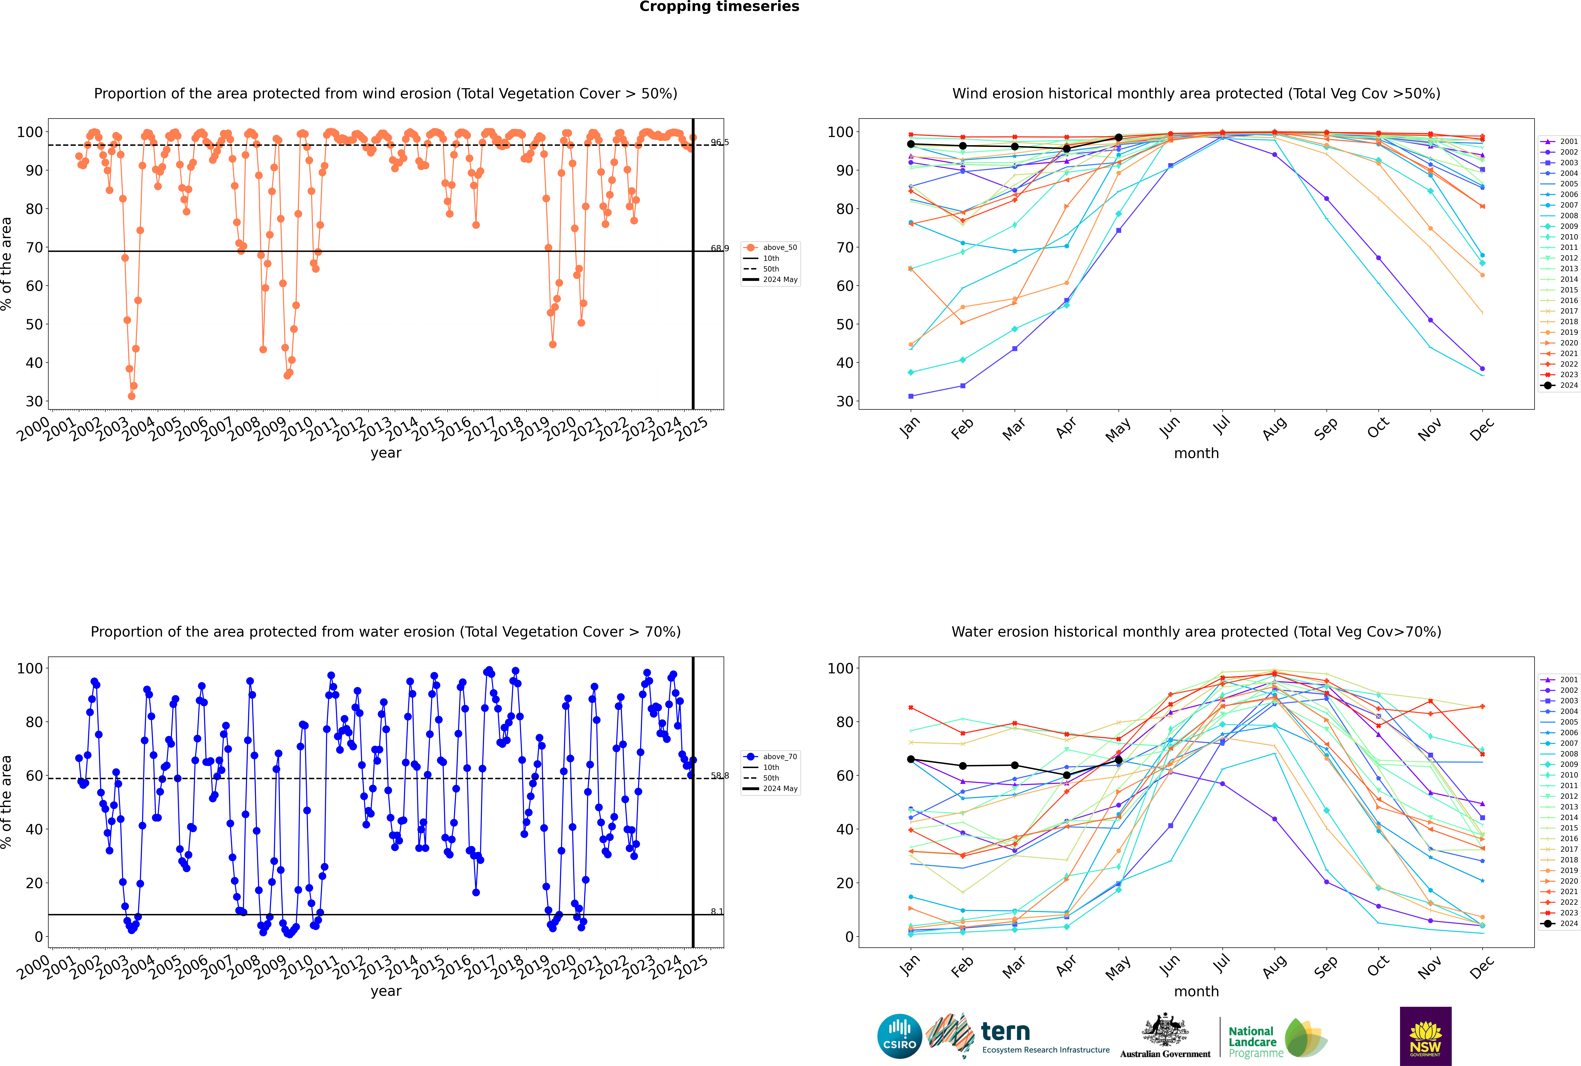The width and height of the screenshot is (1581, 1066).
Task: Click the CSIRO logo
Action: [x=899, y=1036]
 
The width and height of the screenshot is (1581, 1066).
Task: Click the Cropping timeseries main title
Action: [x=719, y=7]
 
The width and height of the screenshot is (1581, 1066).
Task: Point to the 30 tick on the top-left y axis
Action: [x=34, y=401]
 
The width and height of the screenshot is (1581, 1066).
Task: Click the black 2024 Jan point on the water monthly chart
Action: [x=911, y=759]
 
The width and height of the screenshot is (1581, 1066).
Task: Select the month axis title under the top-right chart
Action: [x=1196, y=454]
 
